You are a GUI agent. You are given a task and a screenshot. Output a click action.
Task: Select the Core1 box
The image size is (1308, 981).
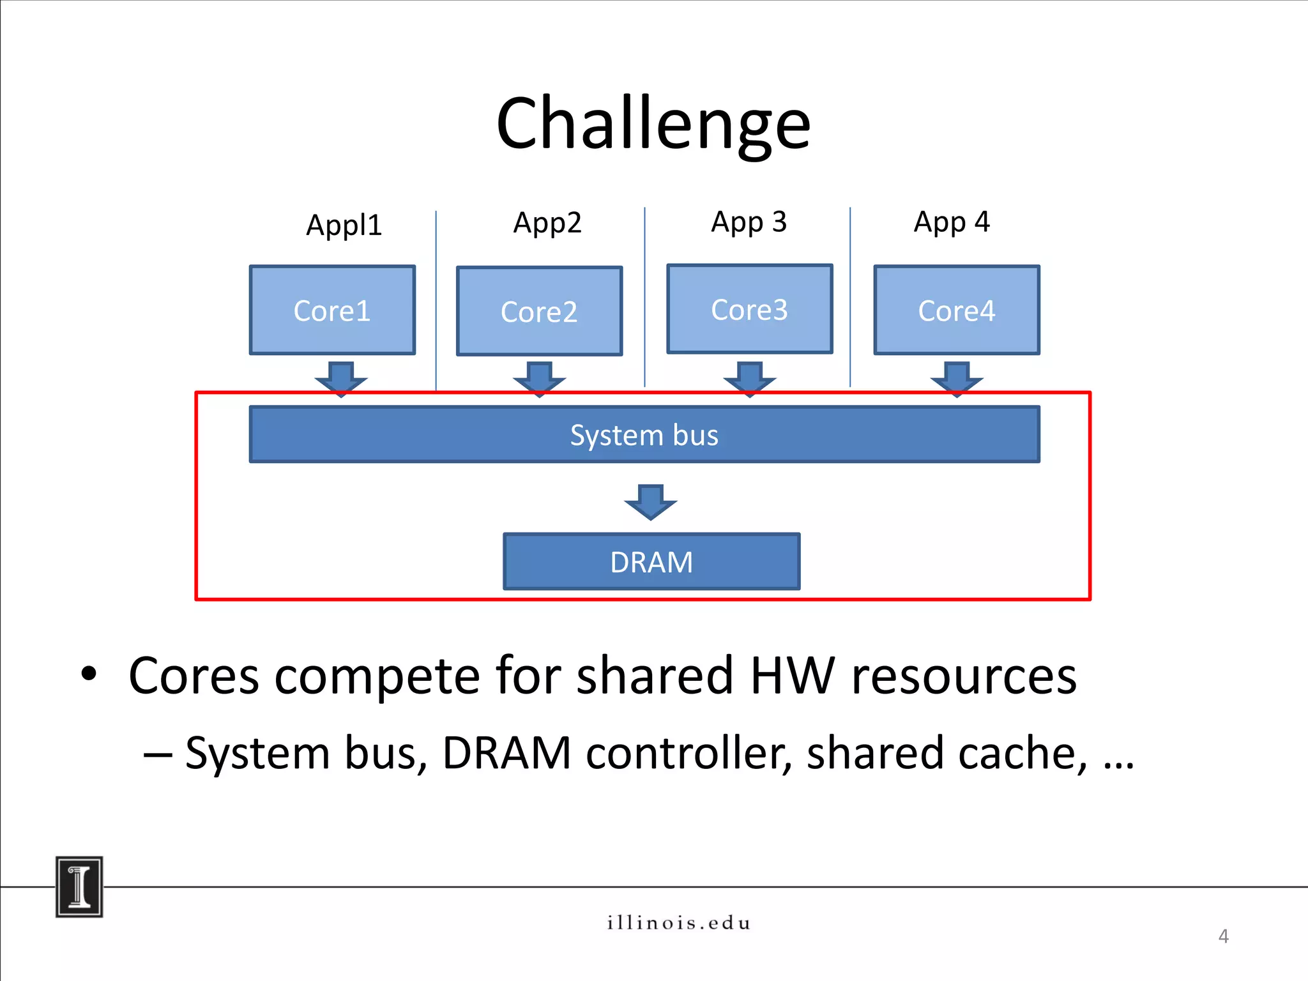pyautogui.click(x=332, y=310)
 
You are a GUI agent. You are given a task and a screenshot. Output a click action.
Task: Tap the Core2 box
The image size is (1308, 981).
pyautogui.click(x=539, y=312)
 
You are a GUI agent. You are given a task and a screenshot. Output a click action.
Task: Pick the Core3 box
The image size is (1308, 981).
pyautogui.click(x=749, y=309)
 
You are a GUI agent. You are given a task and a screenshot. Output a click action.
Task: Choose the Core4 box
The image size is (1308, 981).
pyautogui.click(x=956, y=310)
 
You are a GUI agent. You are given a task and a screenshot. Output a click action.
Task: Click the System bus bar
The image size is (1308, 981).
pyautogui.click(x=644, y=435)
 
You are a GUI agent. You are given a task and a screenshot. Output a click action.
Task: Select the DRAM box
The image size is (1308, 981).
pyautogui.click(x=651, y=562)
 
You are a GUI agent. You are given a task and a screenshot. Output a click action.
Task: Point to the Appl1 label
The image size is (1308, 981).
pyautogui.click(x=344, y=225)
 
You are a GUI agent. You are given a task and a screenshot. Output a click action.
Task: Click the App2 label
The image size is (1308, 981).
pyautogui.click(x=547, y=223)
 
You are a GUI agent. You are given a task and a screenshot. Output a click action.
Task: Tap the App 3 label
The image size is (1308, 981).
pyautogui.click(x=749, y=222)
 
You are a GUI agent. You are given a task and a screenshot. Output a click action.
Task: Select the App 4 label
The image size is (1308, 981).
pyautogui.click(x=951, y=222)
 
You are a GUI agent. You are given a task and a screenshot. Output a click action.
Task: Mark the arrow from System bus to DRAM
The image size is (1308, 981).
pyautogui.click(x=650, y=502)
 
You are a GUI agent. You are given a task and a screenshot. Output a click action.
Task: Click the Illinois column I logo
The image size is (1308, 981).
pyautogui.click(x=79, y=886)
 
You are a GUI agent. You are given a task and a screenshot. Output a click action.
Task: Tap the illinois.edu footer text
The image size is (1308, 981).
pyautogui.click(x=678, y=923)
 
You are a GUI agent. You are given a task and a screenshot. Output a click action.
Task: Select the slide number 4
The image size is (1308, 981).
pyautogui.click(x=1223, y=936)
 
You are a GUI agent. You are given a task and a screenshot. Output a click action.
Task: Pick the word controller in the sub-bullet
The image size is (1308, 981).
pyautogui.click(x=688, y=754)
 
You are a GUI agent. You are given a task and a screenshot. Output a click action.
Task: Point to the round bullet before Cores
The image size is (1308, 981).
pyautogui.click(x=89, y=674)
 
